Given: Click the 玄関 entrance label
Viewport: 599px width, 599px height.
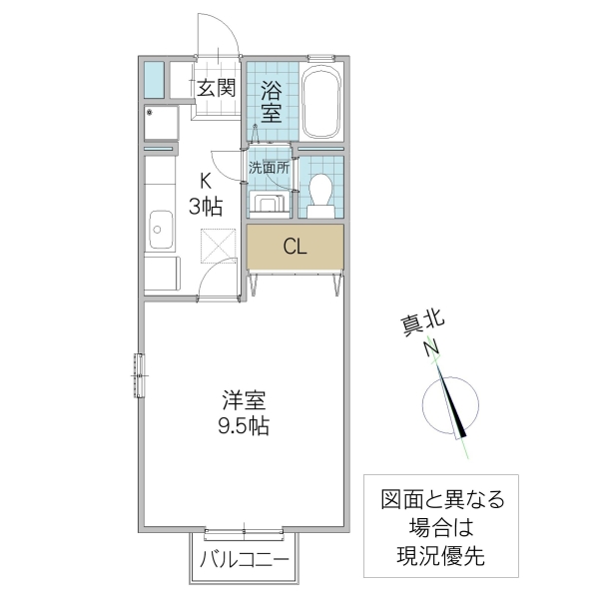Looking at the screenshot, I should point(215,88).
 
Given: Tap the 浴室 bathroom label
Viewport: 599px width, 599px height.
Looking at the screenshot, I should point(271,102).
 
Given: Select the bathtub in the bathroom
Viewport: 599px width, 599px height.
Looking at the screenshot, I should point(321,103).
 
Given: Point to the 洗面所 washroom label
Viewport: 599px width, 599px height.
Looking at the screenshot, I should point(270,169).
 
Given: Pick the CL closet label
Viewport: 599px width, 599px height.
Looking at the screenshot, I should point(294,246).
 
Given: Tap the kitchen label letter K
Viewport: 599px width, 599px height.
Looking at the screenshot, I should point(206,182).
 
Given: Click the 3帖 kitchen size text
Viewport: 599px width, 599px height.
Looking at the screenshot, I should point(206,207).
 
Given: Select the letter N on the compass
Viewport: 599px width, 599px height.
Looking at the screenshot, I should point(431,349).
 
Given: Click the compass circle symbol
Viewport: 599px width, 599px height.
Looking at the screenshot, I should point(447,405).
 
